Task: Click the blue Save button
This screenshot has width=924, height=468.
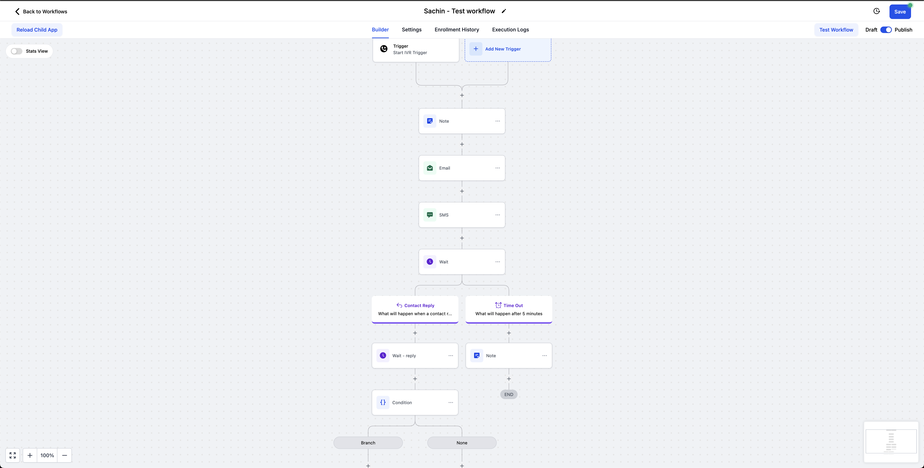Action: (x=900, y=12)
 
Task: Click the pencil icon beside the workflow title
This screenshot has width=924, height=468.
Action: (x=504, y=11)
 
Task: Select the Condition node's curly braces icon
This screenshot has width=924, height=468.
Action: (x=383, y=402)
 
